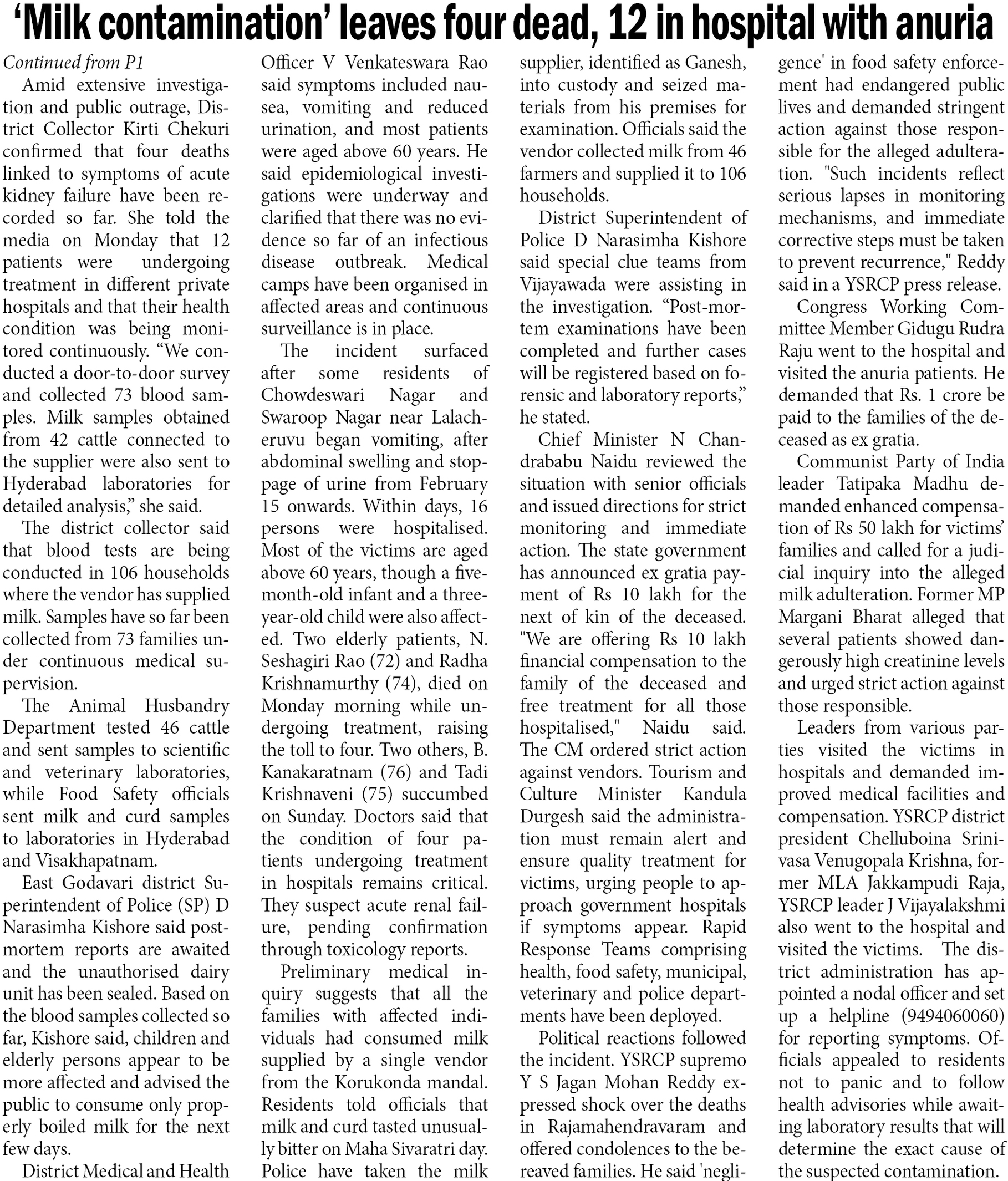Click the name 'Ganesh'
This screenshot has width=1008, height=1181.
coord(715,63)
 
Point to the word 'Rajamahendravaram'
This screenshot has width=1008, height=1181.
coord(627,1127)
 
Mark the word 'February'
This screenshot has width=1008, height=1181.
coord(453,484)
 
